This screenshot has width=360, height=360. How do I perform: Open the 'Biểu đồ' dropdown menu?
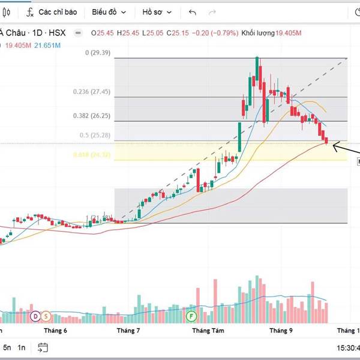(x=109, y=12)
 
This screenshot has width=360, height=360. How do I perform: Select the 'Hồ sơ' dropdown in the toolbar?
(x=157, y=12)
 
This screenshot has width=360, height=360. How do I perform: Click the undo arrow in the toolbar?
(x=192, y=12)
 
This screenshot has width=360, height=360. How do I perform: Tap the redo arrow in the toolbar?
(x=212, y=12)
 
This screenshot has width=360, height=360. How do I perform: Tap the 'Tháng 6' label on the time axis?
(x=55, y=331)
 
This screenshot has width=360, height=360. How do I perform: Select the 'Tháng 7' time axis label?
(x=128, y=331)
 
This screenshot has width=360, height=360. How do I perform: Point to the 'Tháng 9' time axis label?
(x=281, y=331)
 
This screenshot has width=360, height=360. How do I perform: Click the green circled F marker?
(x=191, y=316)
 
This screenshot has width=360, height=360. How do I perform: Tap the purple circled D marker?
(x=35, y=316)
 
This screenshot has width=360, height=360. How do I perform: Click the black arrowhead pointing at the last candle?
(x=334, y=145)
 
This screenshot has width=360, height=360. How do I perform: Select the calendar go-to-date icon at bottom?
(x=43, y=347)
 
